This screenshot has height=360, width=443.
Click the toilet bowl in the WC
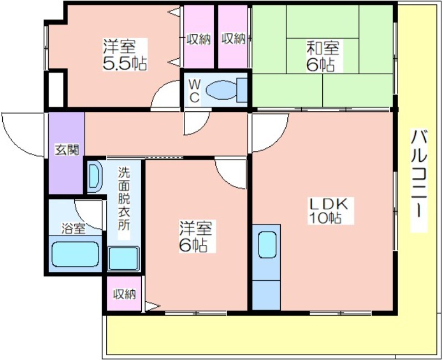pos(221,90)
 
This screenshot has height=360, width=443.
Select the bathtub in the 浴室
pos(75,254)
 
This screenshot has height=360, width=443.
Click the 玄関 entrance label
pos(66,150)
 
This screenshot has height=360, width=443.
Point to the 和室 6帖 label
pos(322,56)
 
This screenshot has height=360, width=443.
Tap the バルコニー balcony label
pos(419,181)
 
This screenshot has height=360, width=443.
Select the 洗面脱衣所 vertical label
pos(123,199)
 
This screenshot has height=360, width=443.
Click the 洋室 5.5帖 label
pos(124,55)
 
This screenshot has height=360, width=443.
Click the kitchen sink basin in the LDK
pos(267,245)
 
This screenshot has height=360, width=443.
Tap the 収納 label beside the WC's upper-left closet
pos(199,39)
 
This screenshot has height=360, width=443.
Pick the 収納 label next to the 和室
pos(233,39)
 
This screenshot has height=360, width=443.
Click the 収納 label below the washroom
pos(124,294)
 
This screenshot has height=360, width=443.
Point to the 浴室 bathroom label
pos(74,229)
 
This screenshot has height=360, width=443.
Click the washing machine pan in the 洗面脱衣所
pos(123,258)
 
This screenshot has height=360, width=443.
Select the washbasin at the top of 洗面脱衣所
pos(94,177)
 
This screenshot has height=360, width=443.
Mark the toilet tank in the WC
pos(242,90)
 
